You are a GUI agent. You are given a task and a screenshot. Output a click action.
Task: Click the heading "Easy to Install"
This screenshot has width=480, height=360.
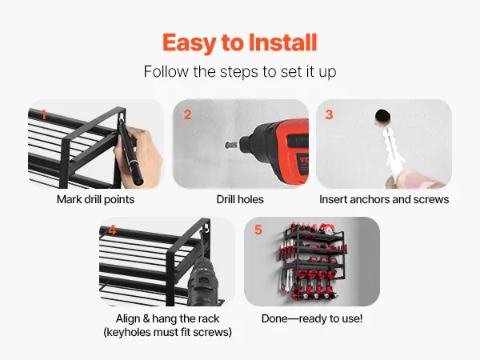coord(240,43)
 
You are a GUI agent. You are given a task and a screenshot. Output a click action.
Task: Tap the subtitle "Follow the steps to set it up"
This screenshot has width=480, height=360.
coord(240,72)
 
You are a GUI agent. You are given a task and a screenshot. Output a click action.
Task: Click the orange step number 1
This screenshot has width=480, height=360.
coord(44,114)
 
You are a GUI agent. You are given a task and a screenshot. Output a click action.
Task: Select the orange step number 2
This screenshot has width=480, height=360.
coord(188,114)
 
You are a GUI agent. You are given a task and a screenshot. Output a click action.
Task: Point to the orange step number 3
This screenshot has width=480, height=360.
coord(329,114)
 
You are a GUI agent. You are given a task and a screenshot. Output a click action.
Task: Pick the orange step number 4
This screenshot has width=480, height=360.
coord(112,230)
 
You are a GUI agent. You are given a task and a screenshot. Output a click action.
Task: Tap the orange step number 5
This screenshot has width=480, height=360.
coord(258,230)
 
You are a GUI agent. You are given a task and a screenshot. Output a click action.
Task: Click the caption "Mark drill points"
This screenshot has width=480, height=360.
coord(95,199)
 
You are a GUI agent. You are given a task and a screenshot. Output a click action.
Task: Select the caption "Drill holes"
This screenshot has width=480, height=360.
coord(240,199)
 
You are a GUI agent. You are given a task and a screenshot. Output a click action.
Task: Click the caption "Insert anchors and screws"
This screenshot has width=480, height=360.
coord(384,199)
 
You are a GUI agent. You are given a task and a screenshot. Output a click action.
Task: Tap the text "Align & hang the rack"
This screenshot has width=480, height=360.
coord(167,318)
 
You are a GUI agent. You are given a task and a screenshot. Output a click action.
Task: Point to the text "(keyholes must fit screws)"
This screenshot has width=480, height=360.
coord(167,332)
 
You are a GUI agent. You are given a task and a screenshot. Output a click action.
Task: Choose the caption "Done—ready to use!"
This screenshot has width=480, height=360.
coord(312,318)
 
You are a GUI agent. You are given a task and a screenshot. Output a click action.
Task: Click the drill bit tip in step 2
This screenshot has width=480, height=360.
coord(226,145)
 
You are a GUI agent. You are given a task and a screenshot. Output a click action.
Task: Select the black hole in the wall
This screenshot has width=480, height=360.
coord(382,117)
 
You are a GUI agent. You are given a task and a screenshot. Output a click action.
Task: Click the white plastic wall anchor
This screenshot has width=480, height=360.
coord(391,151)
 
